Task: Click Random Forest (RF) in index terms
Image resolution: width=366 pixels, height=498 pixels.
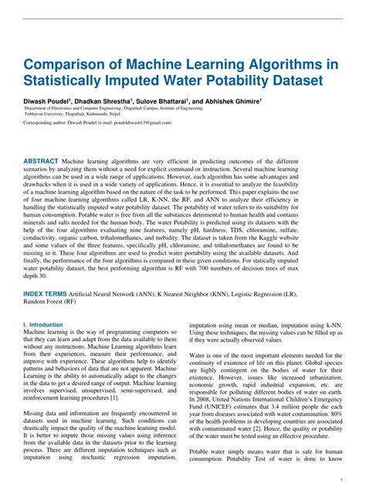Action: click(49, 303)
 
